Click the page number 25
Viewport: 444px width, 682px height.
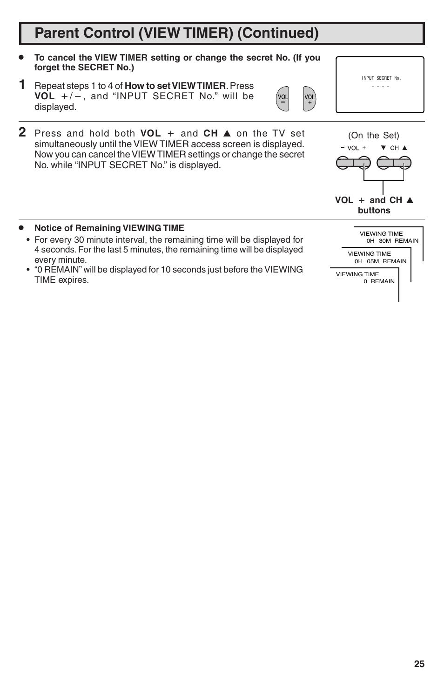click(x=419, y=664)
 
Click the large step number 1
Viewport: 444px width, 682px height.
click(x=22, y=85)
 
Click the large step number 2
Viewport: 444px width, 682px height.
click(x=22, y=133)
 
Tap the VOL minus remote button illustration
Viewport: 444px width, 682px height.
click(x=283, y=99)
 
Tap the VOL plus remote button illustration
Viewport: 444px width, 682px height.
click(x=309, y=99)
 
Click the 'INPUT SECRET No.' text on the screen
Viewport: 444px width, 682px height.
click(x=381, y=78)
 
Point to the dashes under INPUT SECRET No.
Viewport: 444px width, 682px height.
click(x=380, y=87)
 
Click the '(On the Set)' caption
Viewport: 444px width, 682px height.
click(x=374, y=136)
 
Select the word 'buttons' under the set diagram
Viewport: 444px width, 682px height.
click(x=374, y=211)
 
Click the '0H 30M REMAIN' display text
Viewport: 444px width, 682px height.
click(x=392, y=241)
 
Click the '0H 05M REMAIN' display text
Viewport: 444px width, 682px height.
click(x=380, y=261)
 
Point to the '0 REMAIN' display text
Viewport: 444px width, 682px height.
click(x=379, y=281)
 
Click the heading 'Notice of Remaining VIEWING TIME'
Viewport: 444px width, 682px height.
click(x=109, y=228)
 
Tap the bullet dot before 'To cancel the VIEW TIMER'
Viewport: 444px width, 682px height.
click(x=21, y=57)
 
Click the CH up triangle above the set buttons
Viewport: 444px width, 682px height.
click(x=405, y=148)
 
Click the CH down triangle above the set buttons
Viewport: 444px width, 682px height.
click(x=383, y=148)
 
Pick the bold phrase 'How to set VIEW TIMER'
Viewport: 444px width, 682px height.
click(x=175, y=86)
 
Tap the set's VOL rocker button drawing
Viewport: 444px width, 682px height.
click(x=353, y=163)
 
